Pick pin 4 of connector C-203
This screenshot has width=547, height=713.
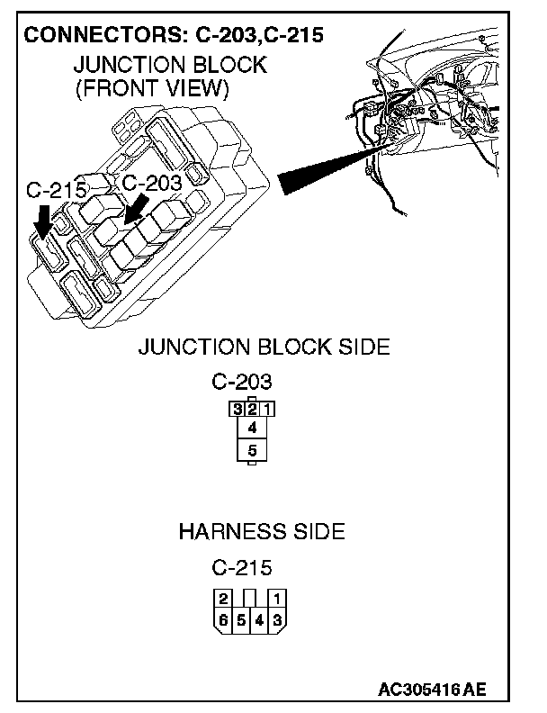click(253, 428)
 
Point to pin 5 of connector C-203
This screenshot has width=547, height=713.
click(253, 449)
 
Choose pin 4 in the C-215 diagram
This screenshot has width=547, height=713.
click(259, 618)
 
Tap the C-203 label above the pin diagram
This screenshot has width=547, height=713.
click(242, 381)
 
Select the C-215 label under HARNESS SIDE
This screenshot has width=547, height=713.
click(242, 568)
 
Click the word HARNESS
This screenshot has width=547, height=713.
click(222, 531)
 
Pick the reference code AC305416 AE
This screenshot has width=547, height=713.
click(432, 690)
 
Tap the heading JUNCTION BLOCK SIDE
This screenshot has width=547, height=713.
click(264, 347)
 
